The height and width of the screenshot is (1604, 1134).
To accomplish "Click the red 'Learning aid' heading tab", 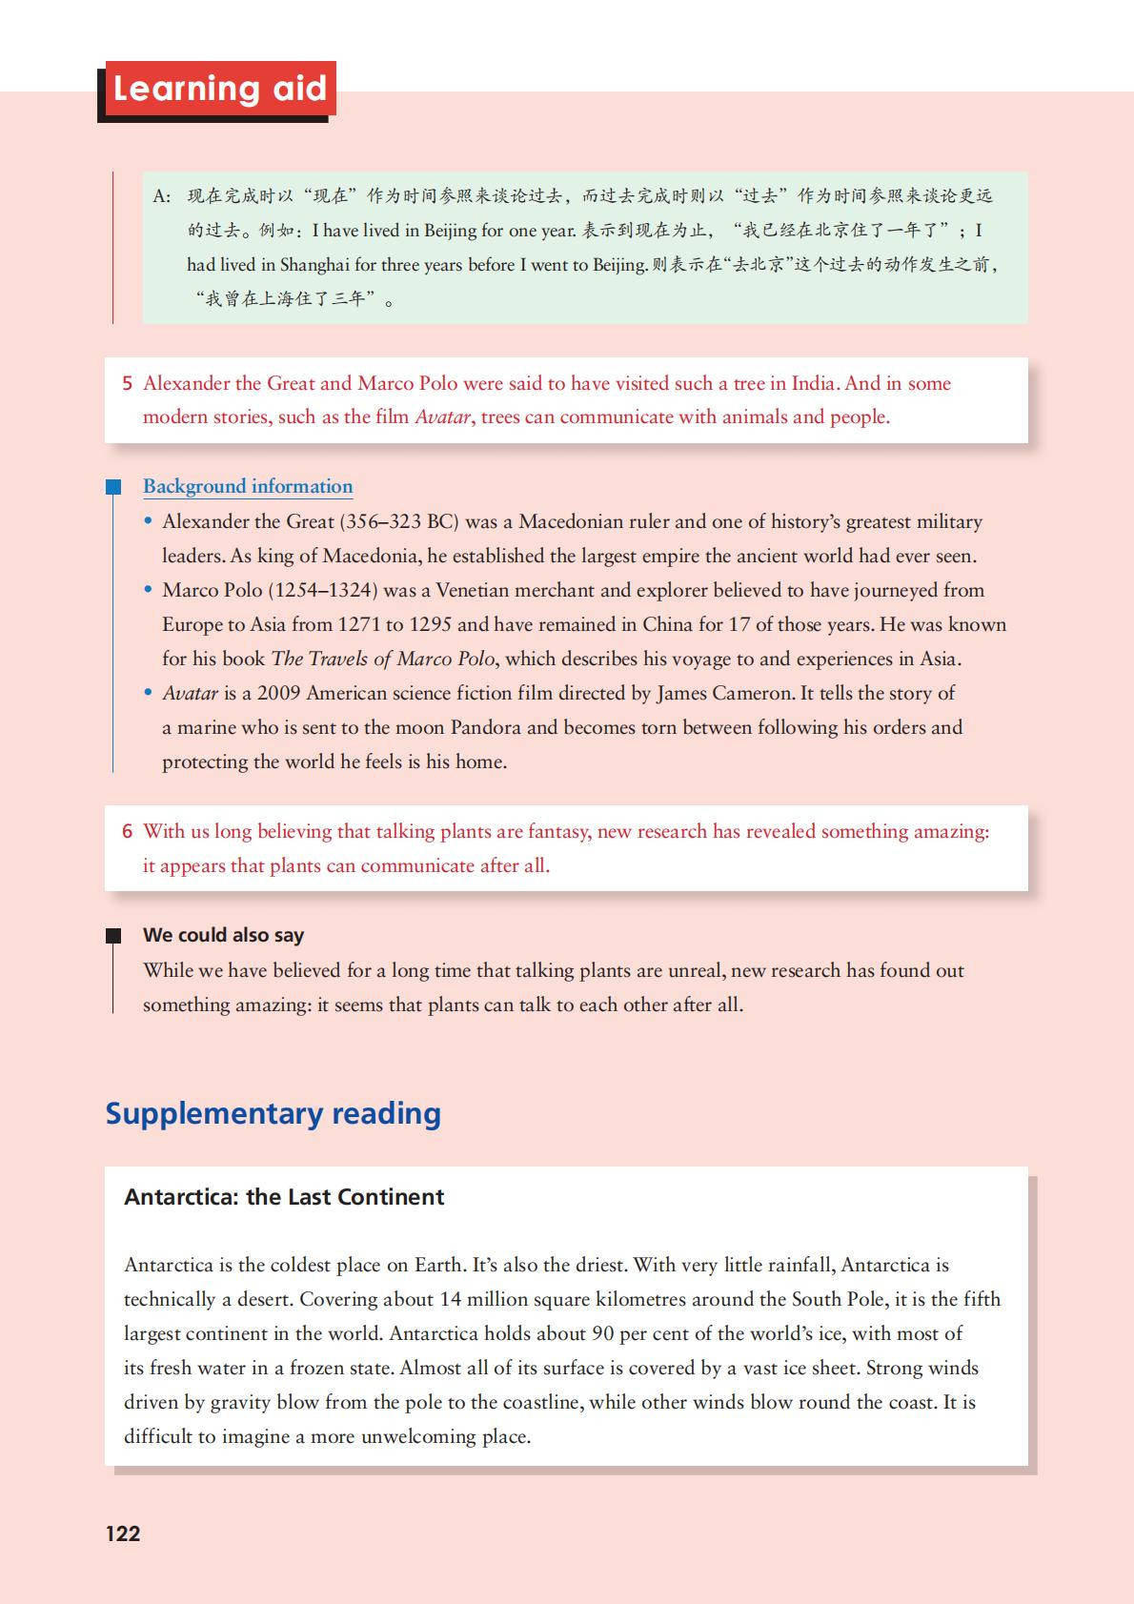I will point(219,89).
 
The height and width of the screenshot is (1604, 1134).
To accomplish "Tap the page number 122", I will point(123,1533).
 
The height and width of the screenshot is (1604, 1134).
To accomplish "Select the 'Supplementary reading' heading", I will point(273,1113).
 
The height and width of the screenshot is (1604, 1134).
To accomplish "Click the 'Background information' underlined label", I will point(248,486).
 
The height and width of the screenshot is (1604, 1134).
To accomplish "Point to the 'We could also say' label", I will point(223,935).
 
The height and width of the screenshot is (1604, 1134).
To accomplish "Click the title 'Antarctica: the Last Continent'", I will point(284,1197).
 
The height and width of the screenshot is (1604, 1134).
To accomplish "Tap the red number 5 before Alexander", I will point(127,383).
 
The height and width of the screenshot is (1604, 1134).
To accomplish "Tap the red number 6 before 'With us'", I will point(127,831).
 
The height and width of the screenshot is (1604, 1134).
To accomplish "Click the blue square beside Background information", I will point(113,487).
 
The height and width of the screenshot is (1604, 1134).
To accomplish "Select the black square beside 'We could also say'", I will point(113,936).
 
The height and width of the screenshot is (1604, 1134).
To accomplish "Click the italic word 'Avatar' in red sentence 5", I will point(442,416).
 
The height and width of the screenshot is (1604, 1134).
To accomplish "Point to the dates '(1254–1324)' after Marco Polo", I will point(323,590).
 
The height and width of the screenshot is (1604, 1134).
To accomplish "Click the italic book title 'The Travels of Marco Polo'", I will point(383,659).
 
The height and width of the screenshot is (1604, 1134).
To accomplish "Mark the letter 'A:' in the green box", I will point(161,196).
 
